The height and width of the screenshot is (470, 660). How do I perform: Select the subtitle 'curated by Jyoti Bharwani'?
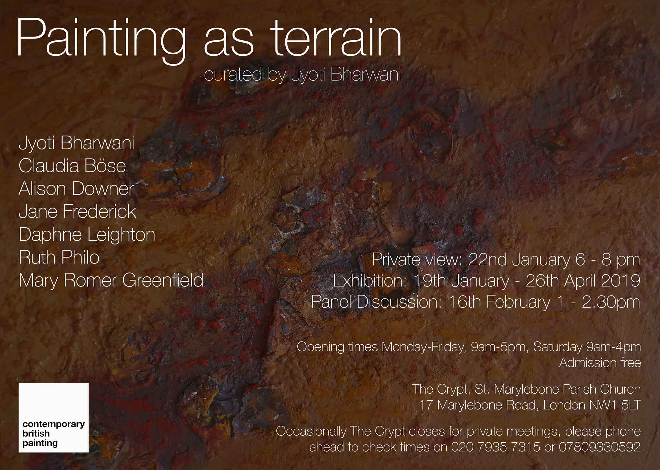pyautogui.click(x=303, y=75)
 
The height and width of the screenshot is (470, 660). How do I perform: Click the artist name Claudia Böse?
pyautogui.click(x=72, y=166)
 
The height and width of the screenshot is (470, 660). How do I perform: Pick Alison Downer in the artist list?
pyautogui.click(x=76, y=189)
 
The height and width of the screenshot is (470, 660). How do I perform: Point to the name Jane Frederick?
pyautogui.click(x=77, y=211)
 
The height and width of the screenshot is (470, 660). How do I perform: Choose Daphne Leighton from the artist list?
pyautogui.click(x=87, y=235)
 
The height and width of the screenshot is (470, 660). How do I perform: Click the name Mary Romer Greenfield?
pyautogui.click(x=111, y=280)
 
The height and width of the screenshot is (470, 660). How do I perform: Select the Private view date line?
pyautogui.click(x=506, y=260)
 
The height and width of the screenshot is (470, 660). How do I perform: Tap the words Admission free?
pyautogui.click(x=600, y=363)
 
